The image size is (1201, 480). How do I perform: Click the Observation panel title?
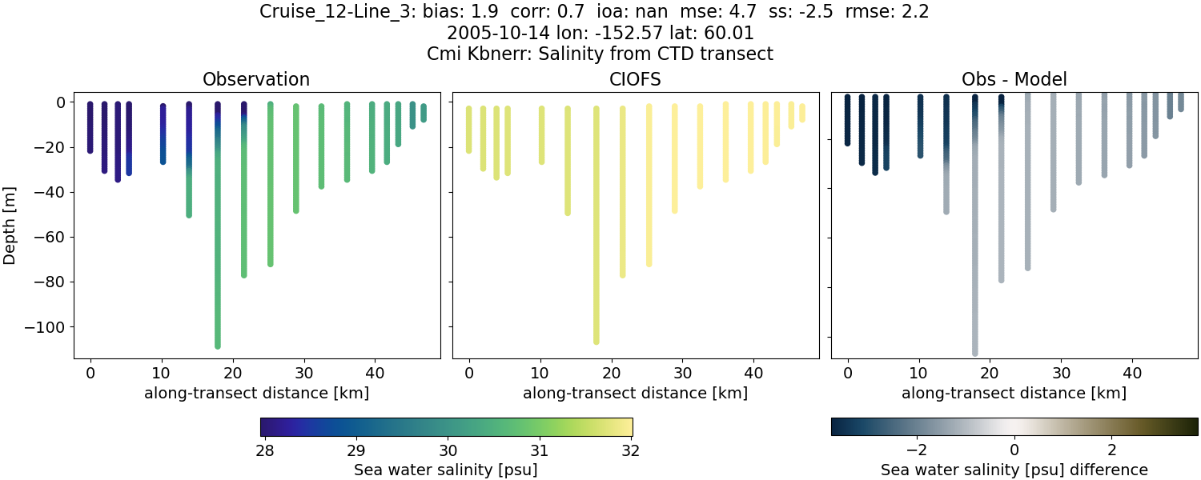coord(256,79)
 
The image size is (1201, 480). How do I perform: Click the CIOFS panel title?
coord(636,79)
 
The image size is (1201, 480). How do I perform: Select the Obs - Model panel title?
coord(1014,79)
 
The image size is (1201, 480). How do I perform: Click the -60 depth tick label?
coord(55,237)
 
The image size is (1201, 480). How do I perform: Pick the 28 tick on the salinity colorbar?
coord(265,450)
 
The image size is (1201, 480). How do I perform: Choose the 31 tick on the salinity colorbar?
coord(539,450)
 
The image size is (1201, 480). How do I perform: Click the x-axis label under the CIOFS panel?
coord(635,393)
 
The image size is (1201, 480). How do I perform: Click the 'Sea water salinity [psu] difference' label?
coord(1014,470)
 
